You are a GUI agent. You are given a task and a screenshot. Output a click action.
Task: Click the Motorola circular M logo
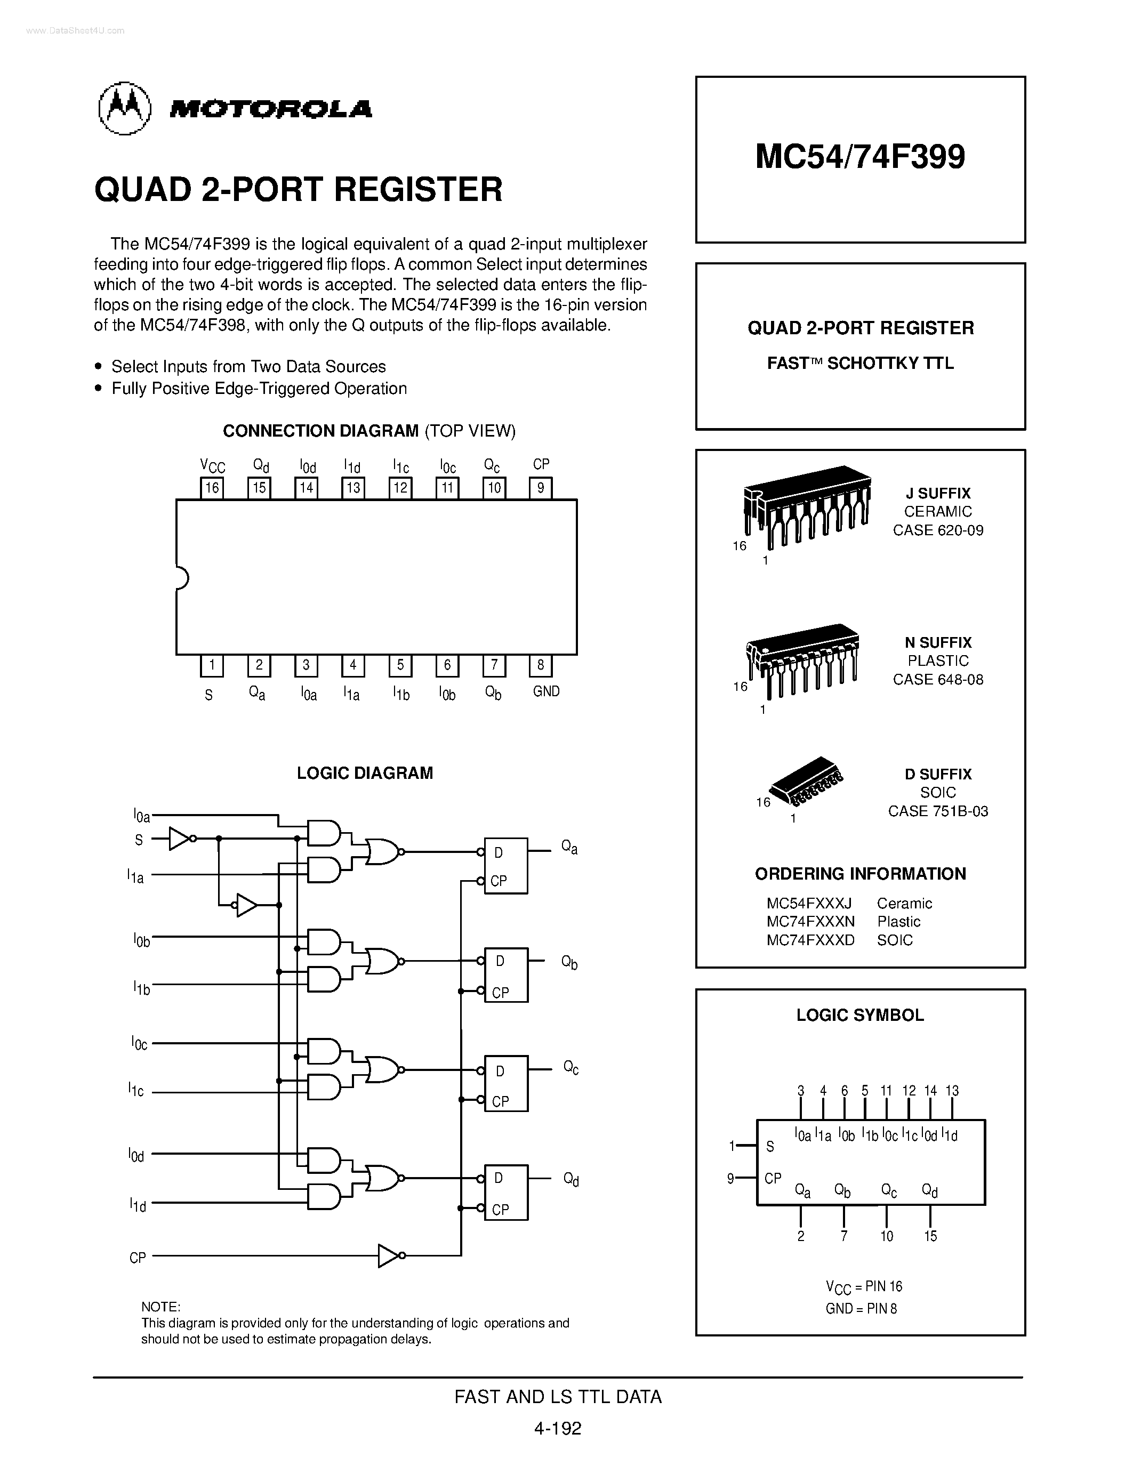[124, 108]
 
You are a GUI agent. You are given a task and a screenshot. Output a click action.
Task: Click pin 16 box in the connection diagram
[212, 488]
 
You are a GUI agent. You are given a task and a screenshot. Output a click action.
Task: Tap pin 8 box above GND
[540, 665]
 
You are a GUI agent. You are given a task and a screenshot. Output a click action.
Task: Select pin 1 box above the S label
[212, 665]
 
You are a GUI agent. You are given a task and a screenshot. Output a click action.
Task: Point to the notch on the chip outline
[181, 577]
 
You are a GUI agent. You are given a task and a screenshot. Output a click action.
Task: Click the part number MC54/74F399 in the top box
[860, 156]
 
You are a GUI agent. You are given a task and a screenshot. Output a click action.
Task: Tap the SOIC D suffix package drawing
[806, 782]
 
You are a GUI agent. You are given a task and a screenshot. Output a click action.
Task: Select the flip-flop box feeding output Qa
[506, 865]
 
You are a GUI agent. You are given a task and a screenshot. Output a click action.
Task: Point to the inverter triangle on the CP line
[390, 1255]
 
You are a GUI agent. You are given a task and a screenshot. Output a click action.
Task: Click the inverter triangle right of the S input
[180, 839]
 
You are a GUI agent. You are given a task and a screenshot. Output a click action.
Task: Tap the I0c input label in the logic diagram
[139, 1043]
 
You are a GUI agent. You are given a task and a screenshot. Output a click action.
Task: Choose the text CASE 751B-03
[938, 811]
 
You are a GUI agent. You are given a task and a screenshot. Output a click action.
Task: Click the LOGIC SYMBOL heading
[860, 1015]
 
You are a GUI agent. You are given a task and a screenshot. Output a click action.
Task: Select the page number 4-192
[558, 1427]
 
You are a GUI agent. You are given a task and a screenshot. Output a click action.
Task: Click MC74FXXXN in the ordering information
[810, 922]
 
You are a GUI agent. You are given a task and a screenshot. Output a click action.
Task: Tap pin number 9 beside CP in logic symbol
[731, 1178]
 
